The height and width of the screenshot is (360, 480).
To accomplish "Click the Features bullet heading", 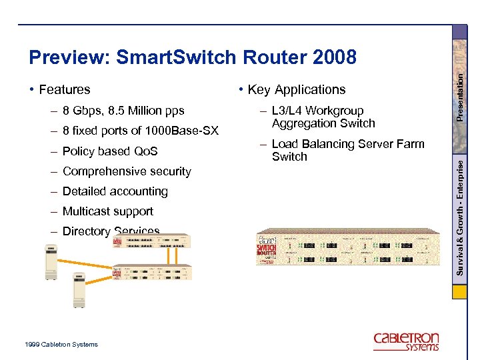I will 65,89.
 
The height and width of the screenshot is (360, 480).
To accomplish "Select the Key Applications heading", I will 297,89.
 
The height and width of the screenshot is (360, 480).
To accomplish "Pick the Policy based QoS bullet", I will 110,151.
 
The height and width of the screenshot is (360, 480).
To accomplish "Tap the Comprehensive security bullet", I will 127,171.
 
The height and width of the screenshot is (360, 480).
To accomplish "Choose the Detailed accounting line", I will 115,191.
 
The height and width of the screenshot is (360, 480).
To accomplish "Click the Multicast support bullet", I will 108,211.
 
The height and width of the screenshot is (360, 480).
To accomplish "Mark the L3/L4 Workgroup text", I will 318,111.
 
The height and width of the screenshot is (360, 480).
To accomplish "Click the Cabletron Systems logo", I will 406,341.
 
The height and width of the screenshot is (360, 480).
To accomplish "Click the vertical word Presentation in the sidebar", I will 459,97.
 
